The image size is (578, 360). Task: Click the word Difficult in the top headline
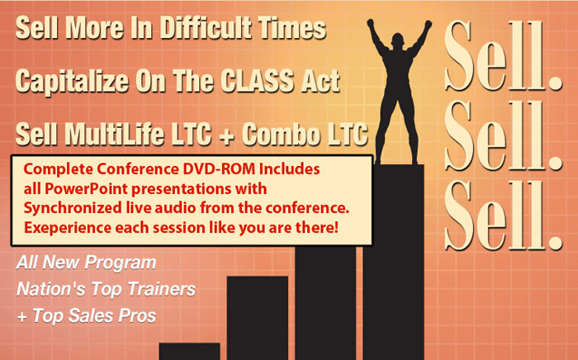click(205, 28)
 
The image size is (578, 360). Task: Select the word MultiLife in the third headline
click(114, 133)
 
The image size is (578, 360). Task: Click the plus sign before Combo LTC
click(227, 135)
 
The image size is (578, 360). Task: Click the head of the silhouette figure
click(397, 40)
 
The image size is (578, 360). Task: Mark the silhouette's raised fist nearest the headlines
click(371, 24)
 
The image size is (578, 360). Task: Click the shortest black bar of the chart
click(189, 352)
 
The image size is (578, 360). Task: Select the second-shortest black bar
click(258, 318)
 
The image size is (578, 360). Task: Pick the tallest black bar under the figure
click(393, 262)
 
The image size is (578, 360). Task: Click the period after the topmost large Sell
click(554, 83)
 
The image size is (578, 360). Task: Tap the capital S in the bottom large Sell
click(460, 216)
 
